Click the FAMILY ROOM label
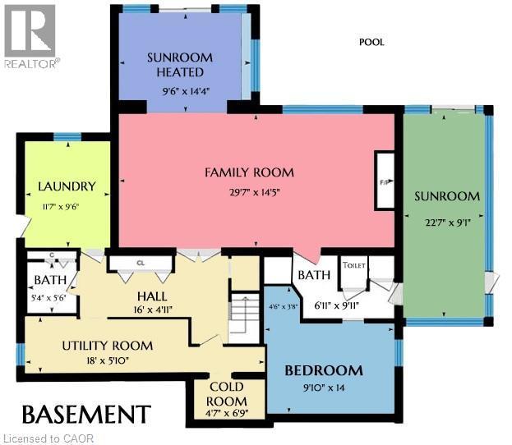249,172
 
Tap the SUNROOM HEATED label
180,64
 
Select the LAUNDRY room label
67,186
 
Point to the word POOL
371,42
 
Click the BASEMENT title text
86,413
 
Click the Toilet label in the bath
354,265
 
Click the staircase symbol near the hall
240,316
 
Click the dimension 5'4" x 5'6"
50,297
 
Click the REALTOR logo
30,37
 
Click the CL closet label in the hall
141,264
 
